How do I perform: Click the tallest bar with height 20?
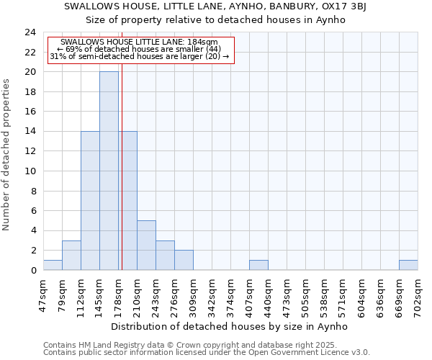pyautogui.click(x=109, y=171)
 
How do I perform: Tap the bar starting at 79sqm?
pyautogui.click(x=71, y=255)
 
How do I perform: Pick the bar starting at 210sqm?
pyautogui.click(x=146, y=245)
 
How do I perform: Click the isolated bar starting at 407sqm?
pyautogui.click(x=258, y=265)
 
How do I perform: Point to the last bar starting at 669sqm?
pyautogui.click(x=408, y=265)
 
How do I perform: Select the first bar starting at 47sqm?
pyautogui.click(x=53, y=265)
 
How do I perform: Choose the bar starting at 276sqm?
pyautogui.click(x=184, y=260)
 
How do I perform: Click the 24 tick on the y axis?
pyautogui.click(x=30, y=32)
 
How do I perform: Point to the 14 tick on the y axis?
pyautogui.click(x=30, y=132)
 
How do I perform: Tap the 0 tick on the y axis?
pyautogui.click(x=33, y=270)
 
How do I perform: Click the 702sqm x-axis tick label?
pyautogui.click(x=418, y=294)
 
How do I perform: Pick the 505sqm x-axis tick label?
pyautogui.click(x=306, y=294)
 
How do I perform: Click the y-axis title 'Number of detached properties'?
pyautogui.click(x=7, y=155)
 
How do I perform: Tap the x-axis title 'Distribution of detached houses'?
pyautogui.click(x=230, y=326)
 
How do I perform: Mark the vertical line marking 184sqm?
pyautogui.click(x=122, y=180)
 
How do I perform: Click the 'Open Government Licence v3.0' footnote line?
pyautogui.click(x=207, y=353)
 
